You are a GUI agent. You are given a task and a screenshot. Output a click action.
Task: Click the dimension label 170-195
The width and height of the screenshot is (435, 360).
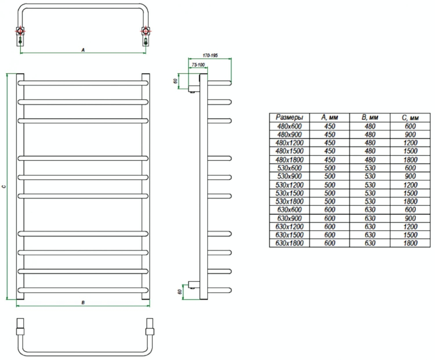coord(210,56)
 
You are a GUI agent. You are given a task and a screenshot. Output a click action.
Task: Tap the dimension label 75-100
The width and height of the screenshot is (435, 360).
coord(198,65)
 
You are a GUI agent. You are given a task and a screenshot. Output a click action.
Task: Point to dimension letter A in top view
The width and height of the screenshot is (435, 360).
coord(83,50)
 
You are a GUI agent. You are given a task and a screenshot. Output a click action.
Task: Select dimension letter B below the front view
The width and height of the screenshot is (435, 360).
coord(83,303)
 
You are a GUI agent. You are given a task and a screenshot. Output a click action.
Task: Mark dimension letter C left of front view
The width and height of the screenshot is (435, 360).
coord(3,187)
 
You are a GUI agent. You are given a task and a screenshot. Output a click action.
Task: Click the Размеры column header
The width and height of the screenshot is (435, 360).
coord(289,117)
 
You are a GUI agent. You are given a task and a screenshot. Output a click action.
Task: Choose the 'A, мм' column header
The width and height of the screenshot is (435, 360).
coord(330,117)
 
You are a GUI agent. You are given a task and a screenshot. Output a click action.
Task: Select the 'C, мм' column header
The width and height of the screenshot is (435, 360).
coord(410,117)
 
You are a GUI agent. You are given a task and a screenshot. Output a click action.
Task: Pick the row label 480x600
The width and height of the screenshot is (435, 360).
coord(289,126)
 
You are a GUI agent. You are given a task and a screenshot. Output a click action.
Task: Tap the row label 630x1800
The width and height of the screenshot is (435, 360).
coord(289,243)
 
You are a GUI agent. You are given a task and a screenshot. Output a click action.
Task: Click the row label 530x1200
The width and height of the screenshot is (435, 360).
coord(289,185)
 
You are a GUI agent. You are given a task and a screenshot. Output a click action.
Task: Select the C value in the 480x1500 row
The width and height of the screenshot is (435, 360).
coord(410,151)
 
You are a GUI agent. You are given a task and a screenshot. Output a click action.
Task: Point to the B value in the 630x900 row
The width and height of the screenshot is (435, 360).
coord(370,218)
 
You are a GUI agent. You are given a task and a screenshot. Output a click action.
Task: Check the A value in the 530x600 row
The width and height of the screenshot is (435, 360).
coord(330,168)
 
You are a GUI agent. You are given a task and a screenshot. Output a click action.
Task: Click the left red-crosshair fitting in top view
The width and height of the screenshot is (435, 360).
coord(20,30)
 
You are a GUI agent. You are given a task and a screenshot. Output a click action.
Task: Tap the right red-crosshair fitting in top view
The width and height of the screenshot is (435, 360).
coord(146,30)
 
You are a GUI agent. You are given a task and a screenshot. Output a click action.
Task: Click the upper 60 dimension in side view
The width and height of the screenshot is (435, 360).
coord(175,81)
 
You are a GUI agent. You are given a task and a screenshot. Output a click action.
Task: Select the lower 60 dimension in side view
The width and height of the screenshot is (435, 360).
coord(180,292)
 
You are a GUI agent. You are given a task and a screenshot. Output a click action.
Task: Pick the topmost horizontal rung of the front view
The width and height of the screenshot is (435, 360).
coord(83,83)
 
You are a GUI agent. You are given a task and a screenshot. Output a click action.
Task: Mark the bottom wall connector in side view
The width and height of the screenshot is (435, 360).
coord(194,285)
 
